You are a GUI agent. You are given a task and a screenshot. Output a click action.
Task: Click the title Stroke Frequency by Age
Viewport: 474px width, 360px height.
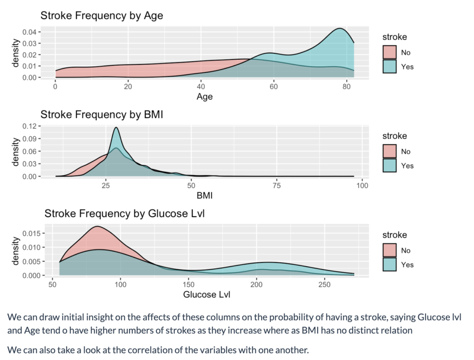(101, 15)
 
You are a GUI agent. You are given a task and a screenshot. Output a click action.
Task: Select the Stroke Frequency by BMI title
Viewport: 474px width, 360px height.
(102, 114)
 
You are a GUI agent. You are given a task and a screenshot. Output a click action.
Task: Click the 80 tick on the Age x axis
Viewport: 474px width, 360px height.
(347, 86)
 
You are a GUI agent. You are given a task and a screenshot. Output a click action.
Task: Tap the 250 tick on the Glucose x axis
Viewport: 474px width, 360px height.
(324, 284)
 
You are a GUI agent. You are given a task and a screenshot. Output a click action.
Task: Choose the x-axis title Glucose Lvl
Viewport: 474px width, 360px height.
(206, 295)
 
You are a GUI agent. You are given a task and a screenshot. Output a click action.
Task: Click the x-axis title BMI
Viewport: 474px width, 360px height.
(205, 196)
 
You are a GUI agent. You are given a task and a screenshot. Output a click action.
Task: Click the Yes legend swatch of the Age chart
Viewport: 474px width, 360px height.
(390, 67)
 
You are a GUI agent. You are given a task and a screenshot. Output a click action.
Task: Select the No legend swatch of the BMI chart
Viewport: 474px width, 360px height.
(390, 152)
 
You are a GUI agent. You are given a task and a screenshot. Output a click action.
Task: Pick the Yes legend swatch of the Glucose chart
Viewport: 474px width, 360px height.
(390, 265)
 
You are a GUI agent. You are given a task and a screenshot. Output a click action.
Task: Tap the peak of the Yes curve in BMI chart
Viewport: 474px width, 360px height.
(116, 128)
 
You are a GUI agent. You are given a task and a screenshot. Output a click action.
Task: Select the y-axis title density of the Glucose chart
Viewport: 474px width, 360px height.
(16, 251)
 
